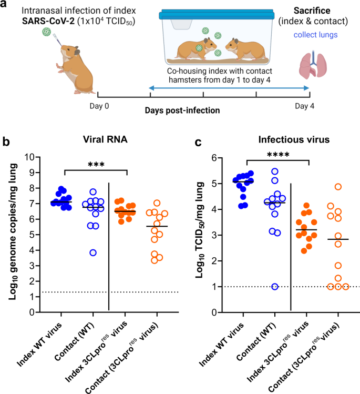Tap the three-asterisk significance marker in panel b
point(95,164)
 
